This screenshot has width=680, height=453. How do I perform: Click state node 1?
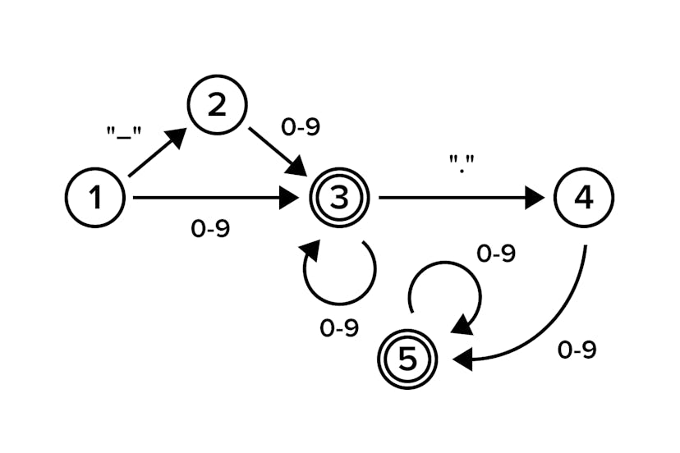pyautogui.click(x=95, y=197)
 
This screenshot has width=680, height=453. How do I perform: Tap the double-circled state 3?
pyautogui.click(x=339, y=197)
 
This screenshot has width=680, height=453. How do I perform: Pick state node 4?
pyautogui.click(x=584, y=197)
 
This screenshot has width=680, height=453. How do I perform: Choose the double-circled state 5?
pyautogui.click(x=409, y=359)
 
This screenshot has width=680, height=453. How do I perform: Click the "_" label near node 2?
pyautogui.click(x=124, y=134)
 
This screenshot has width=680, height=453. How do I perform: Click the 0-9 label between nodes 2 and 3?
pyautogui.click(x=300, y=127)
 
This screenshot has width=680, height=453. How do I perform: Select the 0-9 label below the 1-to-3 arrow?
pyautogui.click(x=210, y=230)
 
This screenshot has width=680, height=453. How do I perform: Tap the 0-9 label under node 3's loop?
pyautogui.click(x=339, y=328)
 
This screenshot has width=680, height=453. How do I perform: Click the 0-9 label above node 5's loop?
pyautogui.click(x=496, y=254)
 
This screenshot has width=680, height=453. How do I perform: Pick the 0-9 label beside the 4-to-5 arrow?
pyautogui.click(x=577, y=350)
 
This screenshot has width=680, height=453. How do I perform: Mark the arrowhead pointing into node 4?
pyautogui.click(x=535, y=197)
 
